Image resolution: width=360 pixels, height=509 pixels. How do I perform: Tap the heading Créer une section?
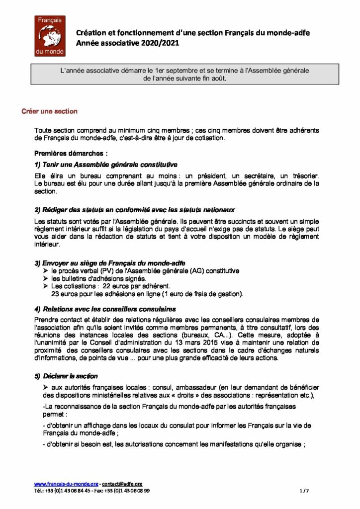49,111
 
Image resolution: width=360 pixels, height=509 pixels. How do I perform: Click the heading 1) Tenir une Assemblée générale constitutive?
106,165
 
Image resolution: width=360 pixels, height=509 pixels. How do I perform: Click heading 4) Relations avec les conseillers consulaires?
105,309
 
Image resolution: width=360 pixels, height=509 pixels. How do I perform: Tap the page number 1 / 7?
305,490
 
